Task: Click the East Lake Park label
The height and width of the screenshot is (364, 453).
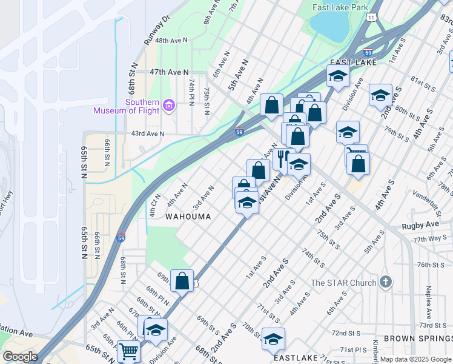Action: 340,8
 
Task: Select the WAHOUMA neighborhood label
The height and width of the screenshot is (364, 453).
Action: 188,217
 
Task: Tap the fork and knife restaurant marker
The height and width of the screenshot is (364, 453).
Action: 282,159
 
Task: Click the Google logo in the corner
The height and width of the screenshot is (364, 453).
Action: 19,357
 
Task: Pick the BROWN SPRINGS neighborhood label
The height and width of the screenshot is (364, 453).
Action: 417,338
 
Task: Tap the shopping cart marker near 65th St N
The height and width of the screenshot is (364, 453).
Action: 128,351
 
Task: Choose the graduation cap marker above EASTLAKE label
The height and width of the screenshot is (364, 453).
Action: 273,339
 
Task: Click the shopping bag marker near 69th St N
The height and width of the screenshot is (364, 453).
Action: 182,280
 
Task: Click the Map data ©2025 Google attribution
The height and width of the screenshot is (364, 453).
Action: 415,359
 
